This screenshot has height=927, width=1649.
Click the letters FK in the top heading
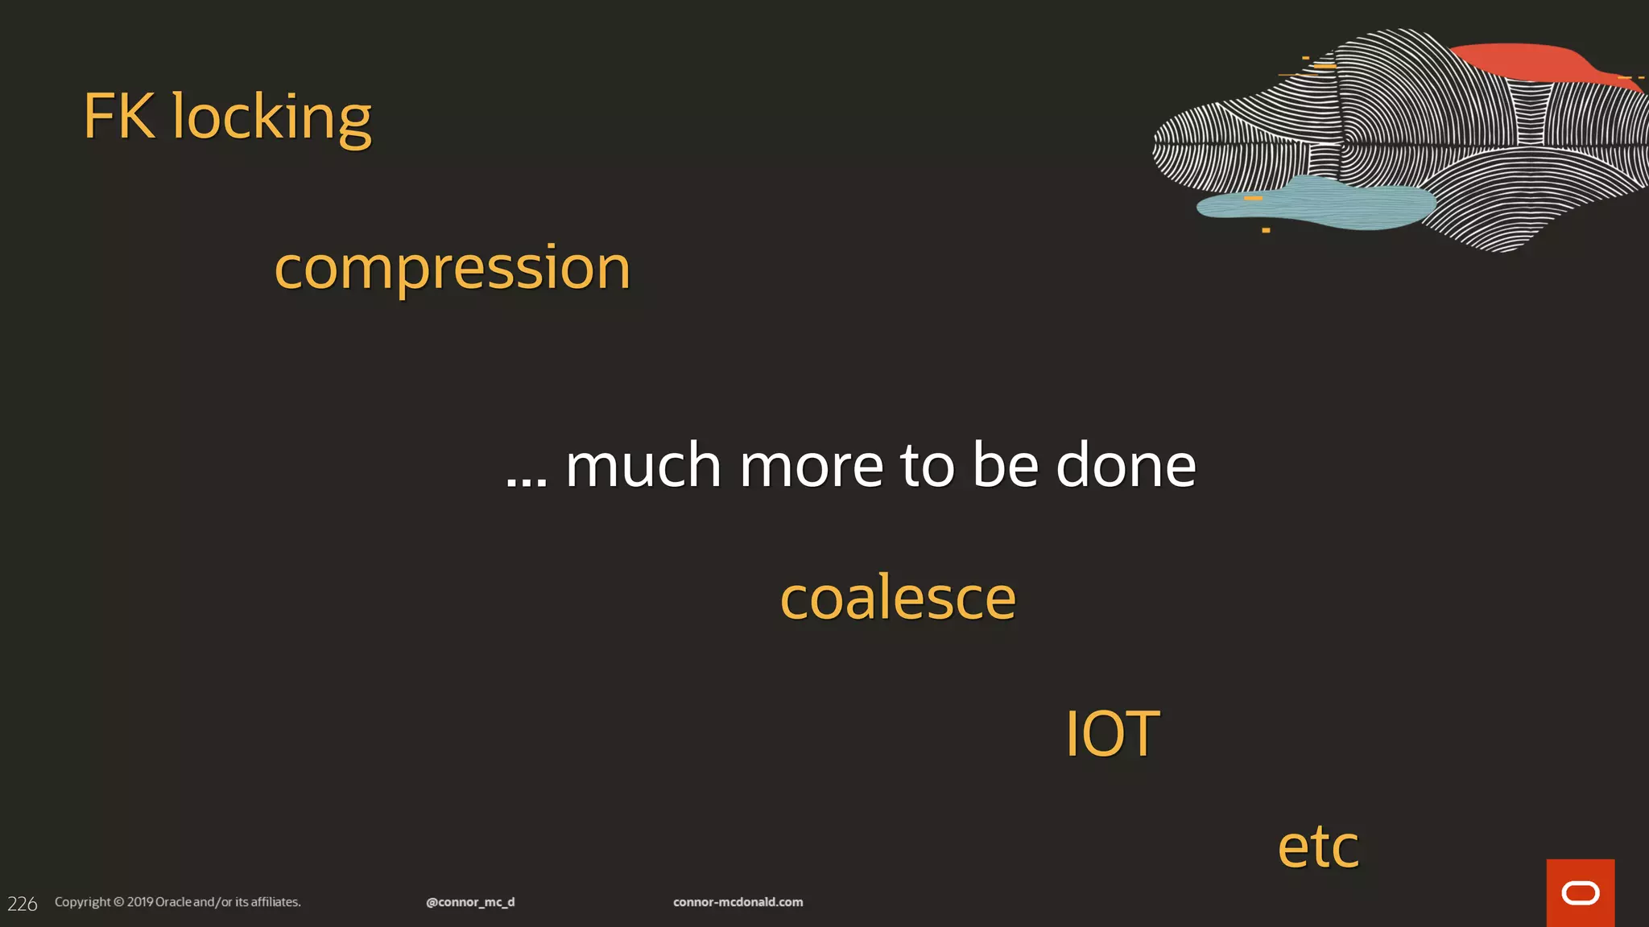pyautogui.click(x=119, y=117)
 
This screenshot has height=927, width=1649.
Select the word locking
pyautogui.click(x=271, y=118)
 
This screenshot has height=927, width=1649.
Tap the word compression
pyautogui.click(x=452, y=268)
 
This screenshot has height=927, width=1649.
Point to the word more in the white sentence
pyautogui.click(x=811, y=467)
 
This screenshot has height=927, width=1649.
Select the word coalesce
pyautogui.click(x=898, y=598)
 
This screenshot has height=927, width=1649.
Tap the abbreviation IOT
pyautogui.click(x=1112, y=734)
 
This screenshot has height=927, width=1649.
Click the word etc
pyautogui.click(x=1318, y=847)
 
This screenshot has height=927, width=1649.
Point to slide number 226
pyautogui.click(x=23, y=904)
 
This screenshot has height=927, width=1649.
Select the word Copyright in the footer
pyautogui.click(x=82, y=902)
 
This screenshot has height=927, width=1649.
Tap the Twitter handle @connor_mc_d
pyautogui.click(x=470, y=902)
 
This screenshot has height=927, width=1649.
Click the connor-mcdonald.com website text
pyautogui.click(x=738, y=902)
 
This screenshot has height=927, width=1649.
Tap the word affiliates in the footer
pyautogui.click(x=275, y=902)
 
